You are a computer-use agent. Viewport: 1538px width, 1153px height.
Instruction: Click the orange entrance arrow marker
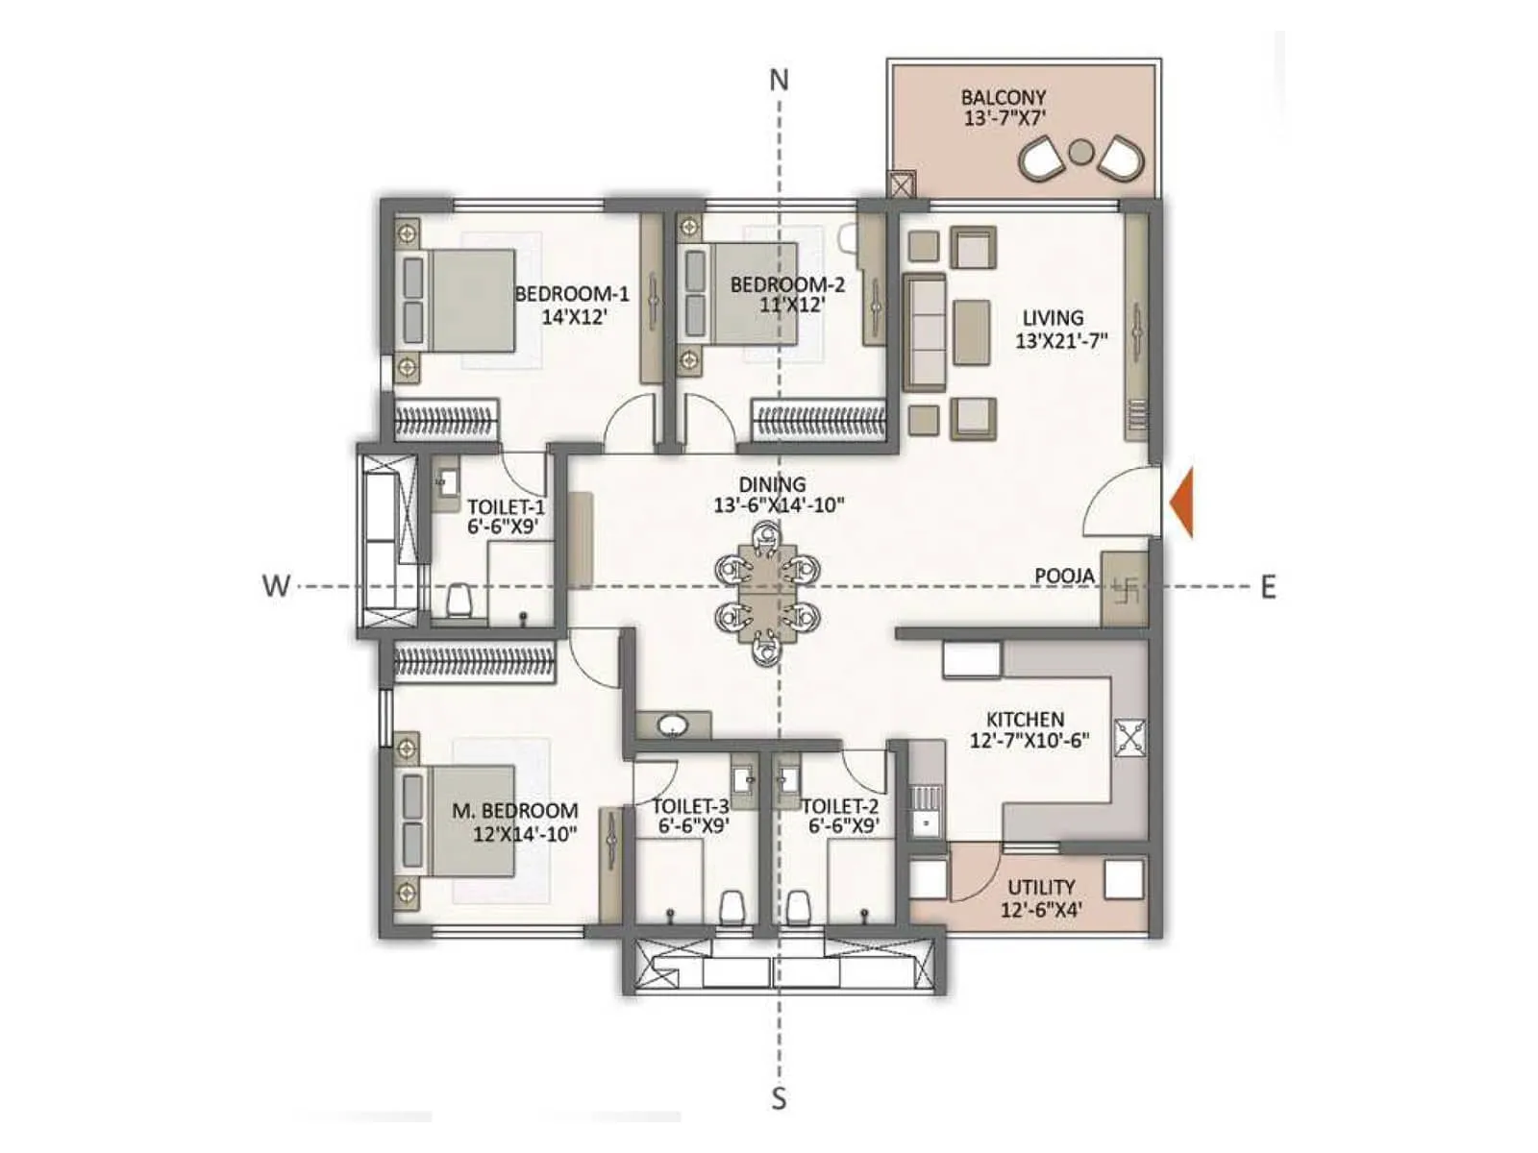tap(1182, 501)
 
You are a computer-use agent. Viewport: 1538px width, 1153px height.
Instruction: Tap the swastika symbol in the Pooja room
tap(1126, 588)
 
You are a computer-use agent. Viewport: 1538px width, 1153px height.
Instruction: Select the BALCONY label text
tap(1004, 97)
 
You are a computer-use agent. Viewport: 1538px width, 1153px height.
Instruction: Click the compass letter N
tap(779, 80)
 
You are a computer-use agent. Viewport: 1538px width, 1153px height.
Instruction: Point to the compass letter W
tap(276, 586)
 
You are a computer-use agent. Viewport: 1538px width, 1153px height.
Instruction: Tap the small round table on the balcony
tap(1081, 152)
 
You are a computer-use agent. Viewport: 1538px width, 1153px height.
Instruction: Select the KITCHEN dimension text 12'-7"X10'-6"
tap(1029, 741)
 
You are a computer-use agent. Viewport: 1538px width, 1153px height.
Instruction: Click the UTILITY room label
tap(1041, 887)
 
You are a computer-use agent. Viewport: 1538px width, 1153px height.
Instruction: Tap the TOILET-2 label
tap(840, 806)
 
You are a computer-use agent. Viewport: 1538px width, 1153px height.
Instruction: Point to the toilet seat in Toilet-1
tap(459, 601)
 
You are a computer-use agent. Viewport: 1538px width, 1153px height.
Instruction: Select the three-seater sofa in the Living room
tap(925, 331)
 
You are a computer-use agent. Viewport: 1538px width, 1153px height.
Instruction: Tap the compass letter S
tap(780, 1097)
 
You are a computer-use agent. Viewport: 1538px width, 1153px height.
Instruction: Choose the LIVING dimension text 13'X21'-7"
tap(1061, 340)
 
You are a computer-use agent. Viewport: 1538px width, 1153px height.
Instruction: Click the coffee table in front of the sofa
tap(972, 331)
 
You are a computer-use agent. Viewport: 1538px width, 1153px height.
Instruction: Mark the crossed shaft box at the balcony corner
tap(903, 184)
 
